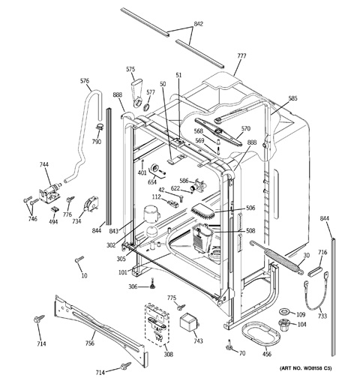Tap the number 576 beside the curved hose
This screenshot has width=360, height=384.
[85, 80]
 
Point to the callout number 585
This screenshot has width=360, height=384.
[292, 97]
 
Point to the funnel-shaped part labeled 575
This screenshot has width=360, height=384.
[136, 94]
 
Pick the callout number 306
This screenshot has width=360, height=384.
[133, 287]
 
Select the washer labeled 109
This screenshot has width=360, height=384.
[285, 311]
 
